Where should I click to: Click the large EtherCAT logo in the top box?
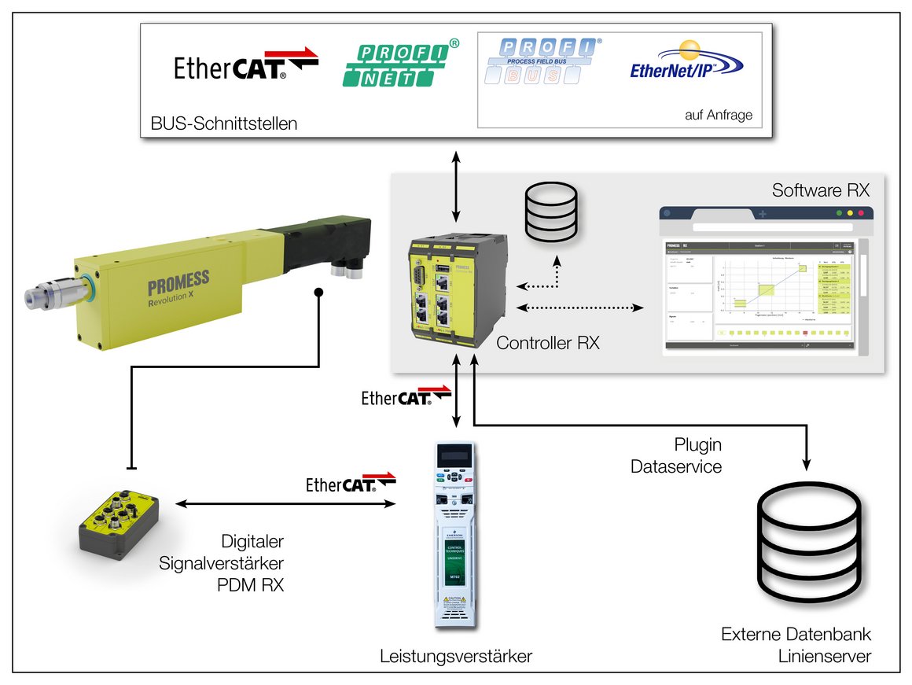click(x=245, y=66)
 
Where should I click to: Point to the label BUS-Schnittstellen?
click(x=223, y=123)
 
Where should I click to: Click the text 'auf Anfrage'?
click(x=719, y=115)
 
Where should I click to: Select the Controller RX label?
click(x=548, y=343)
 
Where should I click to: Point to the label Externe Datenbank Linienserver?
click(x=796, y=645)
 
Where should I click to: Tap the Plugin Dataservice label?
click(x=676, y=455)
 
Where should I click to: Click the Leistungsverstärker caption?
click(x=455, y=656)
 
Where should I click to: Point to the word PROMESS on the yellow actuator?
click(x=178, y=281)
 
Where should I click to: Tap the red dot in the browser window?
click(x=860, y=213)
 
